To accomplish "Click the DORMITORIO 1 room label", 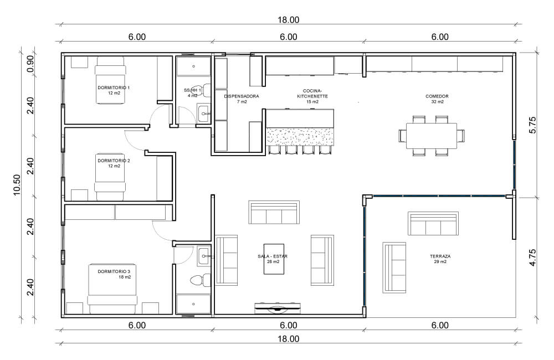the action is [x=114, y=88].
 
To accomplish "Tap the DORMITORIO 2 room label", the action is [x=114, y=161].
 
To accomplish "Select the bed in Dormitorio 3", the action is [x=112, y=289].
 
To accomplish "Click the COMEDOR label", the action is [x=437, y=96].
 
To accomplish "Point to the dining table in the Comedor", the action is [x=432, y=136].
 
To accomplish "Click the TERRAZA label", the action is [x=440, y=256].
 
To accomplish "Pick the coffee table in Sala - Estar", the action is [x=274, y=259].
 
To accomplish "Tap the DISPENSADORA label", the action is [x=242, y=96].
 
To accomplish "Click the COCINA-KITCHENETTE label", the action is [x=312, y=94].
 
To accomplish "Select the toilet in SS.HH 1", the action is [x=202, y=90].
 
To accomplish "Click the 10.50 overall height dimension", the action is [x=17, y=185].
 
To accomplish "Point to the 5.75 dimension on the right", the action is [x=533, y=125].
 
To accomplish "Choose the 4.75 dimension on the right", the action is [x=533, y=258].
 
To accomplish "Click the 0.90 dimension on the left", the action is [x=30, y=64].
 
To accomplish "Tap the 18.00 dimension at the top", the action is [x=288, y=20].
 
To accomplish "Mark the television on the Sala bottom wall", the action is [x=278, y=308].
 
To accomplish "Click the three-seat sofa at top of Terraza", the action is [x=433, y=224].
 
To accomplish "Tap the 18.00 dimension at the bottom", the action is [x=288, y=339].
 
